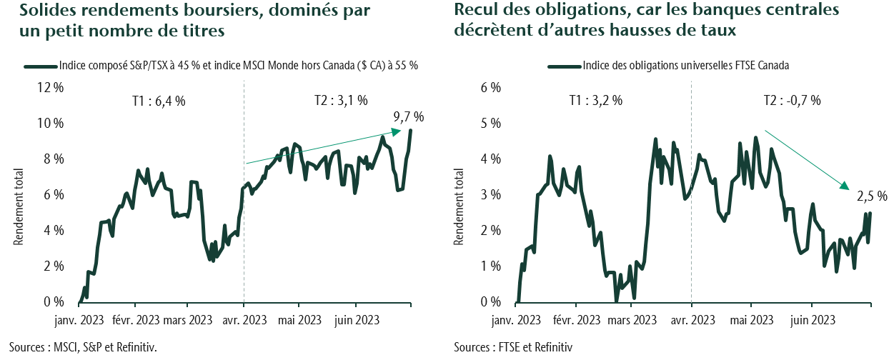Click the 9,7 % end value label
coord(409,117)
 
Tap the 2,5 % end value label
coord(872,196)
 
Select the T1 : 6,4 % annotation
coord(159,101)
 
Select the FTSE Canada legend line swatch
coord(565,66)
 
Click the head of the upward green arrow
coord(398,131)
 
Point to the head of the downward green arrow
coord(848,189)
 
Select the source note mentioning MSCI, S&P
coord(83,348)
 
